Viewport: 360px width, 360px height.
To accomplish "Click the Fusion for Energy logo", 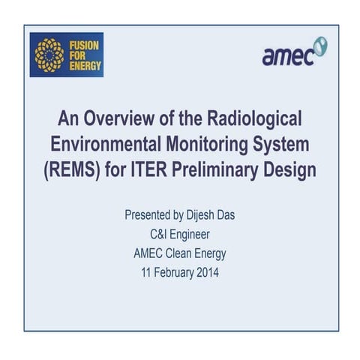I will point(66,54).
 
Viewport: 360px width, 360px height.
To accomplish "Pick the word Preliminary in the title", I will point(224,169).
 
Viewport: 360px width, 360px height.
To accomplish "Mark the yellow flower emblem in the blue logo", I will point(49,54).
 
